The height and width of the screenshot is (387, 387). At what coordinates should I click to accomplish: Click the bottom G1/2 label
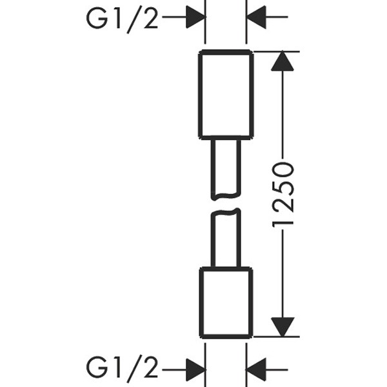pyautogui.click(x=123, y=370)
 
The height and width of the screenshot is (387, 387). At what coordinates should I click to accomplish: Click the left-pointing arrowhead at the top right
pyautogui.click(x=257, y=17)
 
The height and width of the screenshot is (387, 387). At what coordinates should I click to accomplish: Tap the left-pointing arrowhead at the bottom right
pyautogui.click(x=257, y=370)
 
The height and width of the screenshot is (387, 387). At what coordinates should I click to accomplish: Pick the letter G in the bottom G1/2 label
pyautogui.click(x=96, y=370)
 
